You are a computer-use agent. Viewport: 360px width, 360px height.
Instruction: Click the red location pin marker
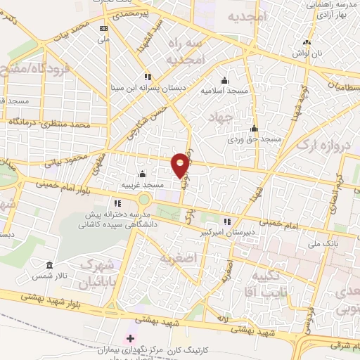coord(181,165)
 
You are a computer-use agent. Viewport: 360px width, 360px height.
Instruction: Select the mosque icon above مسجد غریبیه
coord(143,174)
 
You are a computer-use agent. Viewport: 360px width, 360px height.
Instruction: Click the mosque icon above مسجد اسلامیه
coord(224,79)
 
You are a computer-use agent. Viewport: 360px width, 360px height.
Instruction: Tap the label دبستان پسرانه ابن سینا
coord(145,89)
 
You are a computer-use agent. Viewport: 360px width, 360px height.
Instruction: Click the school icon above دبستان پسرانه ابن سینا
coord(147,77)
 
